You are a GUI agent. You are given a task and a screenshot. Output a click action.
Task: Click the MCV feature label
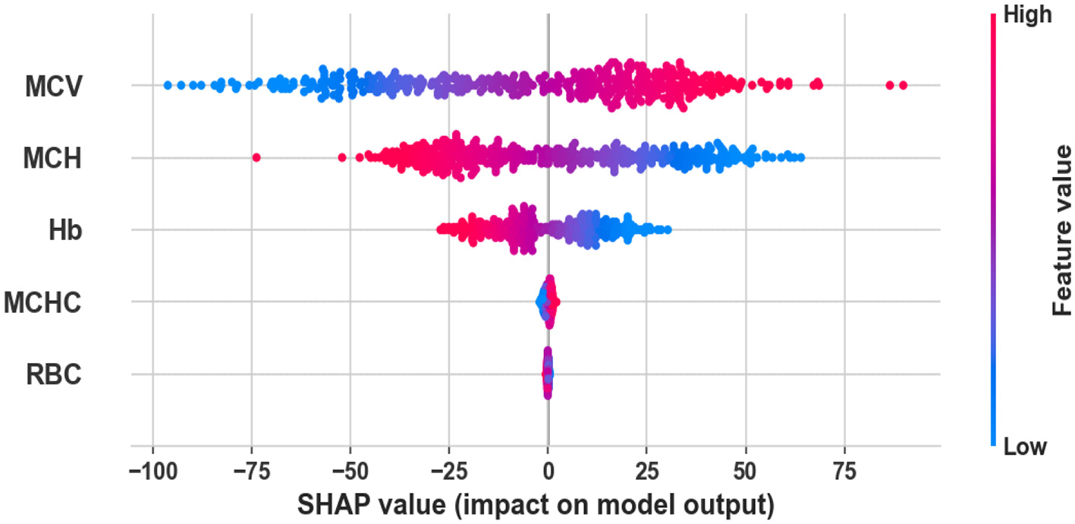[x=52, y=87]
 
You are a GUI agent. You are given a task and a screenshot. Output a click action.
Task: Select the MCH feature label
[x=52, y=159]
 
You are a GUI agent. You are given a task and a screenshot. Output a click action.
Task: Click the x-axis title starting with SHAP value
[x=536, y=503]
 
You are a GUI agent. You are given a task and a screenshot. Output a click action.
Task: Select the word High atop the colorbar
[x=1027, y=15]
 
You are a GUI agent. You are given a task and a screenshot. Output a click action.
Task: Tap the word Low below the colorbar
[x=1025, y=447]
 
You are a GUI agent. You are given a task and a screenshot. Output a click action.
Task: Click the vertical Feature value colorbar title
[x=1061, y=230]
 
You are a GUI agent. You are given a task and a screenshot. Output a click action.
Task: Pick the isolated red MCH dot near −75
[x=256, y=157]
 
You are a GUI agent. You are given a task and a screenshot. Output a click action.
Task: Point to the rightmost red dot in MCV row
[x=903, y=85]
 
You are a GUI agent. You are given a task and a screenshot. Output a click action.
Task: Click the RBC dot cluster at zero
[x=548, y=374]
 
